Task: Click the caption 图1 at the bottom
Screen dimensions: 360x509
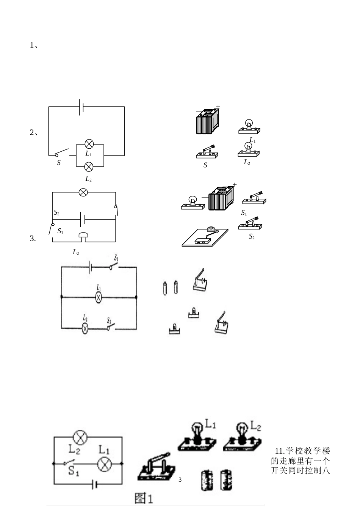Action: pos(144,498)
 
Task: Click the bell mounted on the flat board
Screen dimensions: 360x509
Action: pos(211,229)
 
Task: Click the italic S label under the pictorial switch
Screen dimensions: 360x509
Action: pos(205,165)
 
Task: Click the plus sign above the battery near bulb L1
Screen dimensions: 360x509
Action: pos(218,107)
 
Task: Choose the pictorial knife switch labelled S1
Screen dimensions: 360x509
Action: pos(254,198)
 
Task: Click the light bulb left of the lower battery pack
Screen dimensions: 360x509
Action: pos(193,203)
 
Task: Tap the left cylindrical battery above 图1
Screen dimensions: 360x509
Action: pos(207,480)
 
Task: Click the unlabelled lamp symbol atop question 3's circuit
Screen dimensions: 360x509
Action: pos(83,192)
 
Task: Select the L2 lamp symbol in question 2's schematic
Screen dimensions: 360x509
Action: pos(89,167)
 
